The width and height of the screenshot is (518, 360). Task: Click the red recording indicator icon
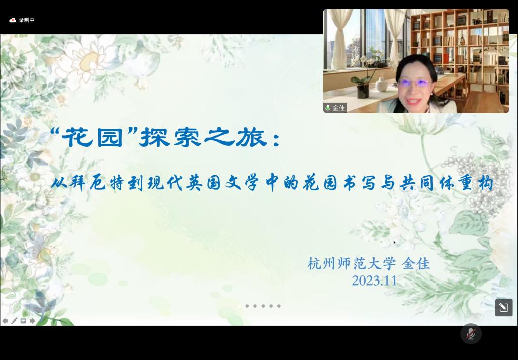pos(13,20)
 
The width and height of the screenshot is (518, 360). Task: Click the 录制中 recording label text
pos(27,20)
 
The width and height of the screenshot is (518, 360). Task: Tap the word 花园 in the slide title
pos(92,137)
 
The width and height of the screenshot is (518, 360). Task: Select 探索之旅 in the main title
pos(203,137)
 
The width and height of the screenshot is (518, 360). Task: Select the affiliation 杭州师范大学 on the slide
pos(351,264)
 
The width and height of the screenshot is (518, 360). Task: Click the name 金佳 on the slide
pos(416,264)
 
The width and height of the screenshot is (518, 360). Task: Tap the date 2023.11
pos(374,281)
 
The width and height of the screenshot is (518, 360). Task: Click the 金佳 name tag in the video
pos(338,108)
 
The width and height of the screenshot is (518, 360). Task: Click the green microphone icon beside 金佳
pos(328,108)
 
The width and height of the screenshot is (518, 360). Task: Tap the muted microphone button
pos(471,334)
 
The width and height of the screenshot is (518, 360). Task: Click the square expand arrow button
pos(504,308)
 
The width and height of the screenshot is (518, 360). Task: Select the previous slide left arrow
pos(5,321)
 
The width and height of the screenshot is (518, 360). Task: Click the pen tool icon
pos(14,321)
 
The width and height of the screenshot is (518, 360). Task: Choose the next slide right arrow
pos(32,321)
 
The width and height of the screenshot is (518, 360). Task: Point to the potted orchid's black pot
pos(362,91)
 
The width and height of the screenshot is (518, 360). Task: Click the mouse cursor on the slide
pos(394,243)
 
